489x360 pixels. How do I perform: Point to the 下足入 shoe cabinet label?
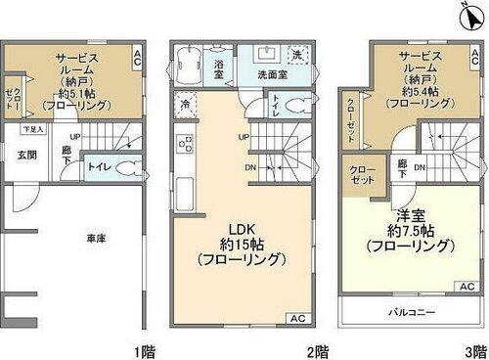(x=33, y=128)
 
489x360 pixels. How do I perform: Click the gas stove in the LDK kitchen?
(x=183, y=146)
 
